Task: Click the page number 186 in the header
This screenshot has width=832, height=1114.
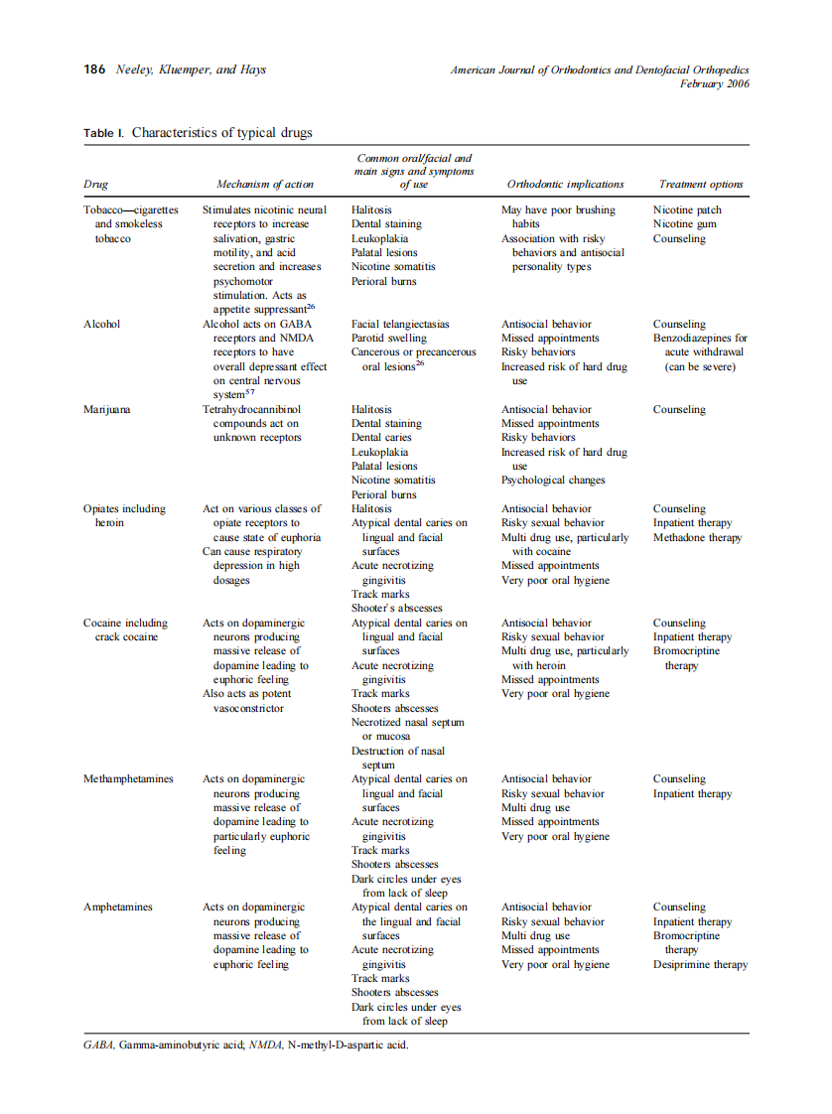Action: coord(94,70)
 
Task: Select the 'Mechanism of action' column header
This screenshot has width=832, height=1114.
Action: coord(265,184)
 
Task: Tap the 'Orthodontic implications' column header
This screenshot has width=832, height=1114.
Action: coord(565,184)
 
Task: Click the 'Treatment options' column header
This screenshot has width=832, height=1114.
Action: coord(701,184)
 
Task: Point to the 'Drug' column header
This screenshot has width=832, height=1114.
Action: coord(96,184)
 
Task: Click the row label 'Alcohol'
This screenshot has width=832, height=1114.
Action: coord(102,324)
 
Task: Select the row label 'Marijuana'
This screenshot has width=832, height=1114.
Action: coord(106,409)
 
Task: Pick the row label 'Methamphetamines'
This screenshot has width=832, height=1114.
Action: coord(128,779)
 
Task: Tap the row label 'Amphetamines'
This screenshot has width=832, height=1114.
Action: coord(118,907)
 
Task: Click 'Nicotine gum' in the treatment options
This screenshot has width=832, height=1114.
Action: coord(685,224)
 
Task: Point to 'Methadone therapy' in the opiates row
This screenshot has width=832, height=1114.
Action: coord(698,537)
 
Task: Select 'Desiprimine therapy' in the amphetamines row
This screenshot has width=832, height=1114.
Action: coord(700,964)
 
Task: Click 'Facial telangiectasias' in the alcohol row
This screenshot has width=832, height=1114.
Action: coord(400,324)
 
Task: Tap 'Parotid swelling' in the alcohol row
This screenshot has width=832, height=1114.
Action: coord(390,338)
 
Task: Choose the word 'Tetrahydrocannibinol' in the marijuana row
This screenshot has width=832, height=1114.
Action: coord(251,409)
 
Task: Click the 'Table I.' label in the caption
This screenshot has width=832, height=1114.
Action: coord(103,133)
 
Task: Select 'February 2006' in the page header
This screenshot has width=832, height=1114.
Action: coord(714,84)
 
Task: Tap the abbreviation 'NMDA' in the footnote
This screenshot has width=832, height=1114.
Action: coord(265,1044)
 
